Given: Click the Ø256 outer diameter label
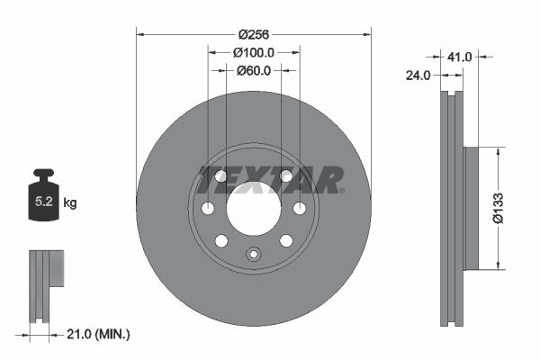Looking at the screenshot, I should point(254,35).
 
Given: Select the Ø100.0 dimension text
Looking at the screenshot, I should point(254,53).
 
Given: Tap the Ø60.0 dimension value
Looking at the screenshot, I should point(254,71).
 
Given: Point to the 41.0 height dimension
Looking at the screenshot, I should point(460,57).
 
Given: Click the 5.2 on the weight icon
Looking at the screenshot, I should point(43,203).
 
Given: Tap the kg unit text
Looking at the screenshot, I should point(70,203).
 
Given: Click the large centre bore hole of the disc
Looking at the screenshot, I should point(253,208).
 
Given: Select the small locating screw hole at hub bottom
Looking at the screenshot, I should point(253,254).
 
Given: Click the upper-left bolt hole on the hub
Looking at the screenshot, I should point(221,176).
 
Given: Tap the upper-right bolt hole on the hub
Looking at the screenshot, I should point(285,176).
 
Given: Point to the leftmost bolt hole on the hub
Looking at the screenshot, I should point(208,209).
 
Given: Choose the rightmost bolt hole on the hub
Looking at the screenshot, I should point(299,209).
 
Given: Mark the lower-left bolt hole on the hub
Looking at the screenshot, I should point(221,240).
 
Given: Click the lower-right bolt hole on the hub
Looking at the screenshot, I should point(285,240).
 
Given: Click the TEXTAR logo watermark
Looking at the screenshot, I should point(270,180).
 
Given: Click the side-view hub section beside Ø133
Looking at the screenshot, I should point(469,208).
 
